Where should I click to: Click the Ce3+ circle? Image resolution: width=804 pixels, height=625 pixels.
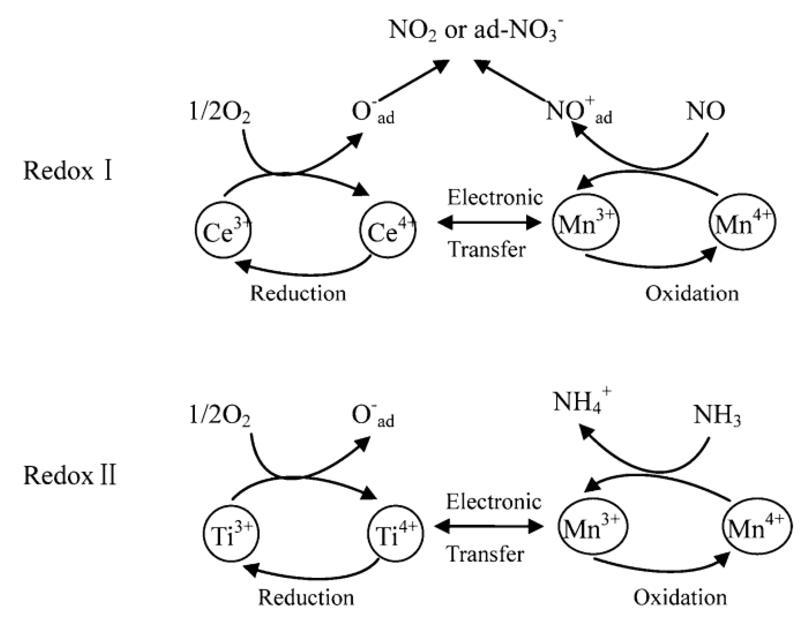pos(223,231)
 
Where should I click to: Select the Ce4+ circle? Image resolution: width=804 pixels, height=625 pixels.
pos(388,231)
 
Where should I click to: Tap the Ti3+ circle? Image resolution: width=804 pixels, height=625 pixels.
pos(231,534)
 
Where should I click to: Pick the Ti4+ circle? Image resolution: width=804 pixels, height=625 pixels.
pos(395,534)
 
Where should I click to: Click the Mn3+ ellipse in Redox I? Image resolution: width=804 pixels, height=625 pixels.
pos(585,222)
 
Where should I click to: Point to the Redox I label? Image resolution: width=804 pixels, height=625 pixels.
pos(68,171)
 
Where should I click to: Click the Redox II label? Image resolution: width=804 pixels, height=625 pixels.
pos(70,475)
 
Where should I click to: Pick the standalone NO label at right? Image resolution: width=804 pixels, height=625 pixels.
pos(706,111)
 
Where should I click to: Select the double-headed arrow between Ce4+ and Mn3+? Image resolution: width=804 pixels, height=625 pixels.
pos(489,222)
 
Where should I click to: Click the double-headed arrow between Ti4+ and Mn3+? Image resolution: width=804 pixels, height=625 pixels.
pos(489,526)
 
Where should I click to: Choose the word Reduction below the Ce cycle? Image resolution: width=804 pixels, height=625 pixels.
pos(298,293)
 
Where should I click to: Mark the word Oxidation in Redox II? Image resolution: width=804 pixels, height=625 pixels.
pos(680,597)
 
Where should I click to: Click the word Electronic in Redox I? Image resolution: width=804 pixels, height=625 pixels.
pos(495,197)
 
